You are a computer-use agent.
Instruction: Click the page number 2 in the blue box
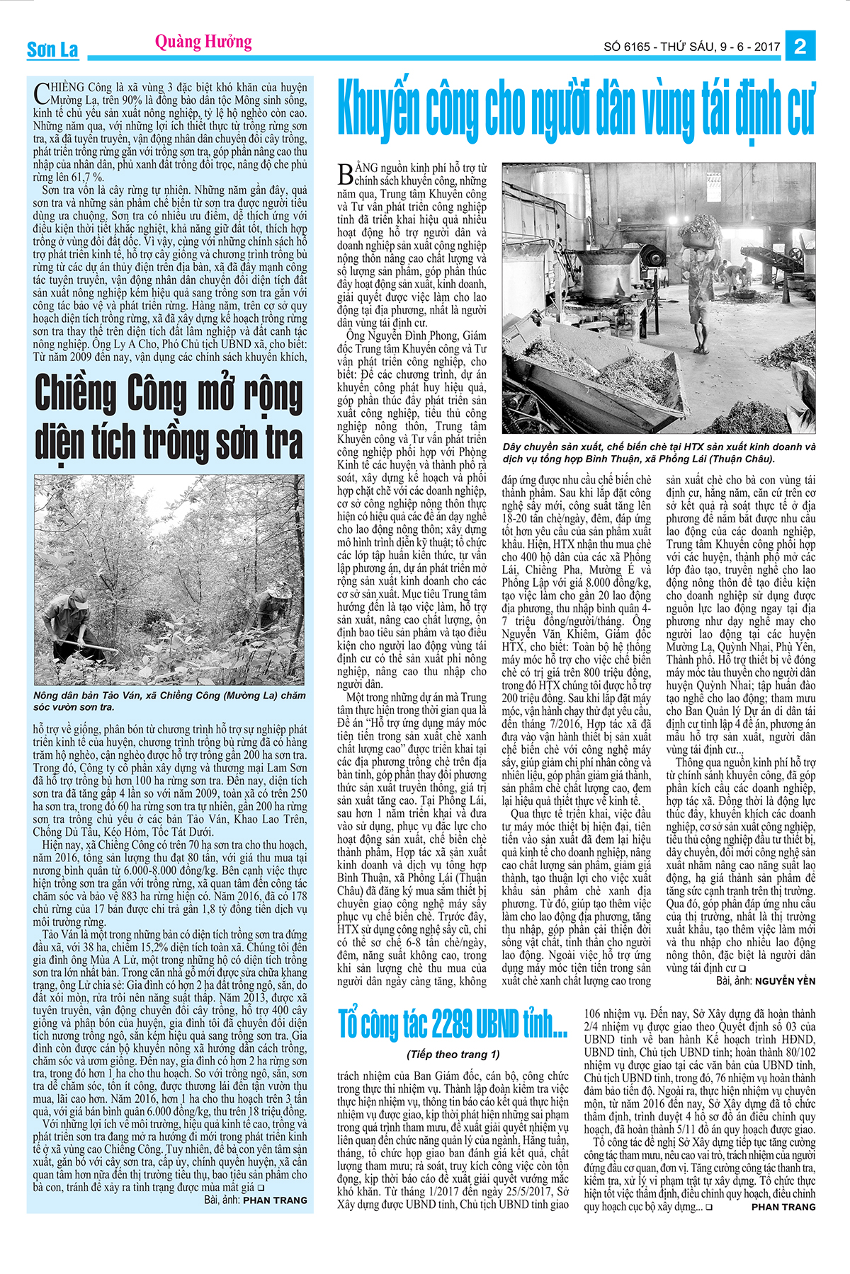click(x=800, y=47)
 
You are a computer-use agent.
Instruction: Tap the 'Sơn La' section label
click(x=52, y=50)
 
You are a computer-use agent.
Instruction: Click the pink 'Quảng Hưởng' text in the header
click(x=203, y=42)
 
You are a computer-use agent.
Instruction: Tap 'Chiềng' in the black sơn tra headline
click(x=76, y=394)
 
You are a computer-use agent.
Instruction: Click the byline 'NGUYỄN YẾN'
click(x=785, y=982)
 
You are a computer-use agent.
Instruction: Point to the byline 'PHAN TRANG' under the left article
click(x=275, y=1200)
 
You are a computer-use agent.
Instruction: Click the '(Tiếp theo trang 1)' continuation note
click(x=453, y=1054)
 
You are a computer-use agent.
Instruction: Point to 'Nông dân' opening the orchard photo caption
click(x=55, y=696)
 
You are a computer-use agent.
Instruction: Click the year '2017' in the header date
click(x=766, y=47)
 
